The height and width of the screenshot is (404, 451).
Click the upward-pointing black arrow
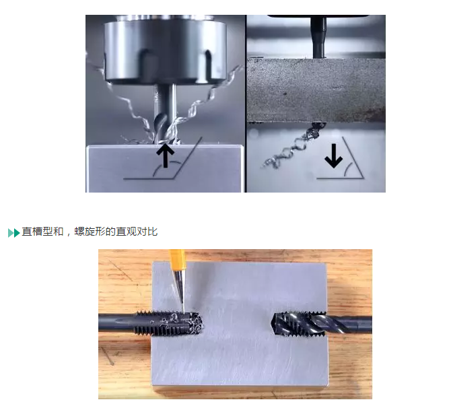166,156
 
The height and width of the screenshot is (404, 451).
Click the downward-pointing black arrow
334,156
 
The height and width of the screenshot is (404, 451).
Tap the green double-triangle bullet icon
13,232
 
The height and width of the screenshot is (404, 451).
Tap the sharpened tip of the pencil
184,312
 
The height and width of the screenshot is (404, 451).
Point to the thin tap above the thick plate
318,38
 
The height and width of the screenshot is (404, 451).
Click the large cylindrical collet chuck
165,49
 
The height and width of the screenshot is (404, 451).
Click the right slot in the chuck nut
208,64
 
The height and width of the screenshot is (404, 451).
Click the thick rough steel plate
316,90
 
